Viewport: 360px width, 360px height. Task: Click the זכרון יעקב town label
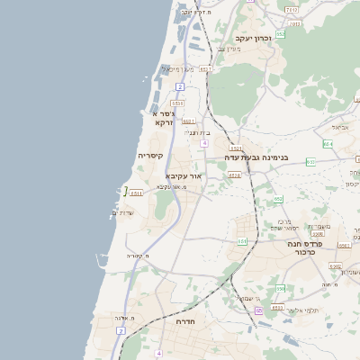click(253, 39)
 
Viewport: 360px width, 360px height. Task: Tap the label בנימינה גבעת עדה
click(256, 157)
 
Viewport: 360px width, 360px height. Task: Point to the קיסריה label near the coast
click(149, 156)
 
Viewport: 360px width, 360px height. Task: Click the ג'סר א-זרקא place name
click(161, 118)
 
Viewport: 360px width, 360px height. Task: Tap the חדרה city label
click(186, 321)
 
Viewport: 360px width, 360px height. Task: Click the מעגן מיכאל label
click(177, 69)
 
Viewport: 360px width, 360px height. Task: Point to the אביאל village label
click(338, 127)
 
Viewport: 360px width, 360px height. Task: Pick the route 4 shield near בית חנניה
click(205, 143)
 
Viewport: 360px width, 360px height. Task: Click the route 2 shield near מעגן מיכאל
click(180, 86)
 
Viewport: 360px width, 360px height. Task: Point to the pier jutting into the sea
click(126, 190)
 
